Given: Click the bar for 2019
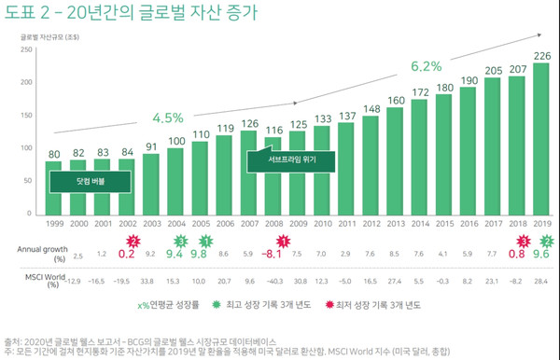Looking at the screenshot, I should [540, 140].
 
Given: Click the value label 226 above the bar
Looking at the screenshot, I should [540, 54].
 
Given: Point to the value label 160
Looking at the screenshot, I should [395, 100].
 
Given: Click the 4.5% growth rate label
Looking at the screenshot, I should [168, 118].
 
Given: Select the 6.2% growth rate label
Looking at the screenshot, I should [425, 67].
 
